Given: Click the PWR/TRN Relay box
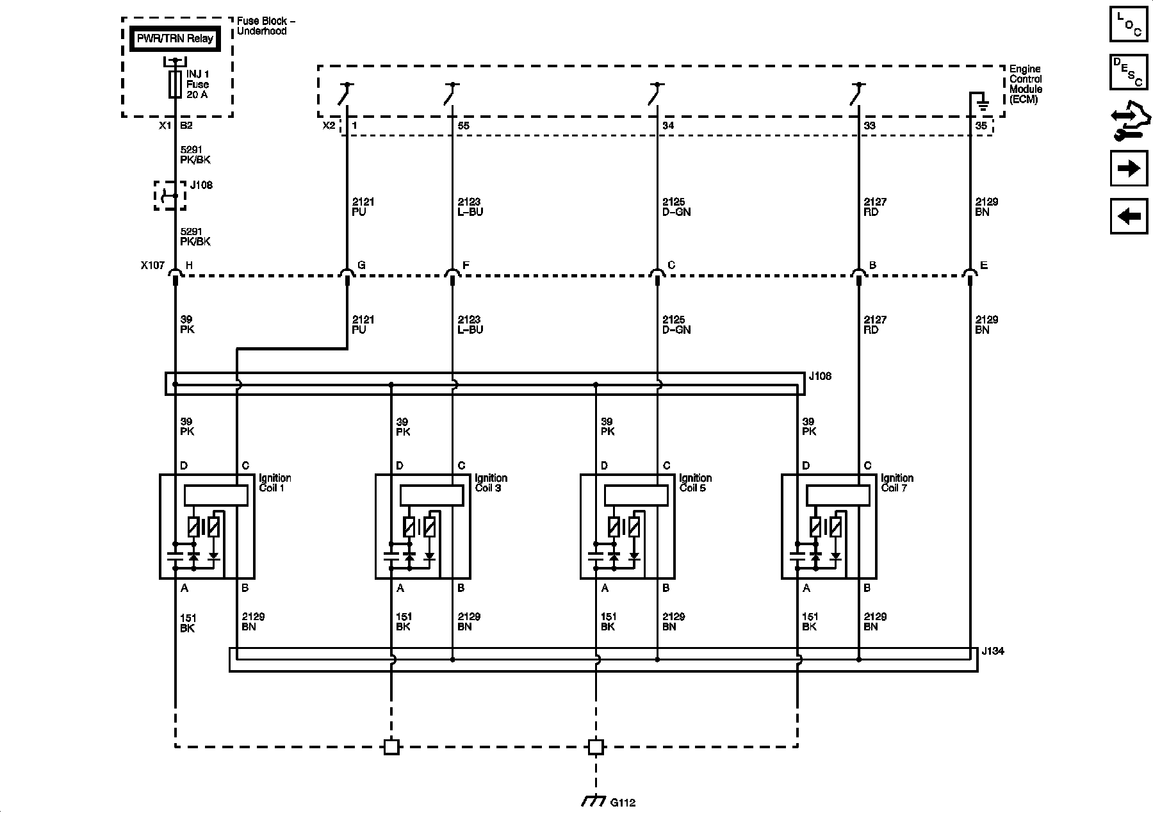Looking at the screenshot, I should point(174,38).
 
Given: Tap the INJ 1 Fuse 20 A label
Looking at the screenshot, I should point(197,85).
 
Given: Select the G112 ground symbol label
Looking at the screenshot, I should point(623,802).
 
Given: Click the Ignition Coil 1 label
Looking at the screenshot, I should point(275,483).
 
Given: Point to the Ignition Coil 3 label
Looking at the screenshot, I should point(491,483).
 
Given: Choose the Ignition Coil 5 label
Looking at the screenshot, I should point(695,483).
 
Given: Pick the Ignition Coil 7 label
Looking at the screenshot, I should point(897,483).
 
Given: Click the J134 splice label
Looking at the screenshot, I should point(993,652).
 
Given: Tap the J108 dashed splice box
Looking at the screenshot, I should point(170,195).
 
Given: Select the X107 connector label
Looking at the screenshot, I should point(152,265).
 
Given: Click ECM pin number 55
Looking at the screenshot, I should point(463,126).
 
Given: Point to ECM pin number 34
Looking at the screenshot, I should point(668,126).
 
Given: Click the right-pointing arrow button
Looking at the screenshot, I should point(1128,168).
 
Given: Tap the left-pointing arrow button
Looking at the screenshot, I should point(1128,217).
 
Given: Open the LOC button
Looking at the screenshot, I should point(1128,24).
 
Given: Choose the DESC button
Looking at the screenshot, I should point(1128,72).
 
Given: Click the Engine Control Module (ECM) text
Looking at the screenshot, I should point(1026,84).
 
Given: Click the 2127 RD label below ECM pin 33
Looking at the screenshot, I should point(875,207).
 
